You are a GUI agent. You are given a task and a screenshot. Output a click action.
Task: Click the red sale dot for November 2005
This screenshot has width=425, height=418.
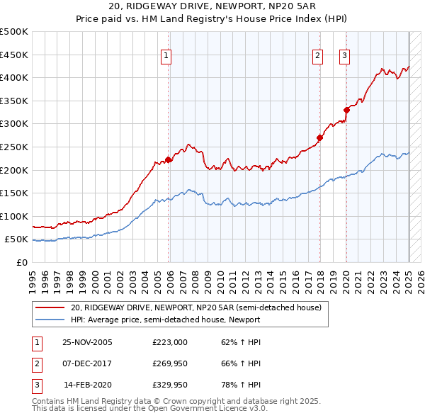point(169,159)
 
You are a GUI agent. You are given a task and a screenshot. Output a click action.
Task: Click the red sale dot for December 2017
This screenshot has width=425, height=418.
point(319,138)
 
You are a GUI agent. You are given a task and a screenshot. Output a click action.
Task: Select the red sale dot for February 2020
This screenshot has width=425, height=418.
point(346,110)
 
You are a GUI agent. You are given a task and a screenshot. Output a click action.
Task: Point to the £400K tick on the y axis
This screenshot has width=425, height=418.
point(16,78)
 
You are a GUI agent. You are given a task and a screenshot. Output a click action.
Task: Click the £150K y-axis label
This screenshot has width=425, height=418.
point(16,193)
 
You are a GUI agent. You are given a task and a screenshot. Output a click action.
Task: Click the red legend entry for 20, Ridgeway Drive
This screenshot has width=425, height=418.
point(196,307)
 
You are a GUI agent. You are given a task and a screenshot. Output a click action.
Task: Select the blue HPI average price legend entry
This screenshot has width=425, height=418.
point(166,320)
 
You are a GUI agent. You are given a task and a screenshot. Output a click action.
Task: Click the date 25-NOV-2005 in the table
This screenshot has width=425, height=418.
point(87,342)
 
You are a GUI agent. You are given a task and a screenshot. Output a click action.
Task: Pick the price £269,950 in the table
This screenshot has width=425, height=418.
point(170,364)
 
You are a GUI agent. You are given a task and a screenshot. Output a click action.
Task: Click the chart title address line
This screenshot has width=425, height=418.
point(212,7)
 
